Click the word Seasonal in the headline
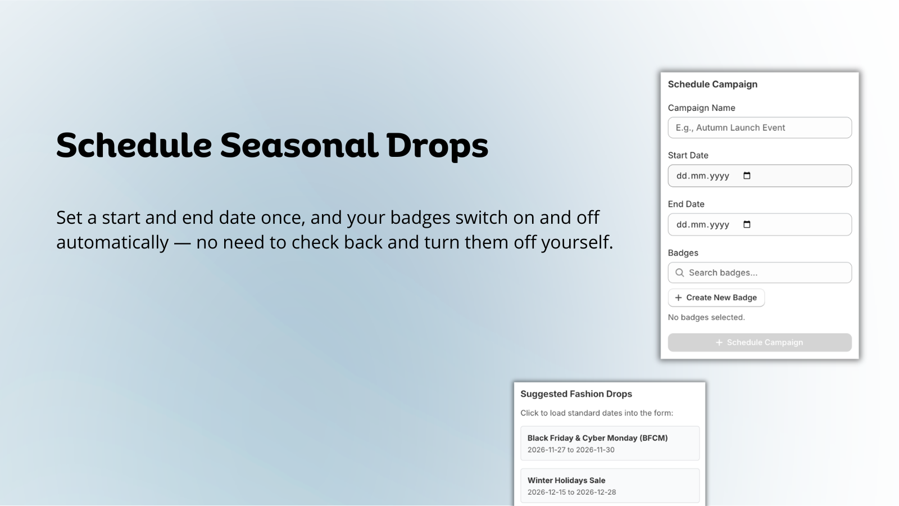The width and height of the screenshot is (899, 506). pos(299,145)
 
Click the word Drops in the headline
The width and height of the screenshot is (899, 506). pos(437,147)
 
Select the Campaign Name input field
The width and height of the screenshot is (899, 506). pos(759,128)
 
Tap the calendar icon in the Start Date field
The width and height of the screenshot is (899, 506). pos(747,175)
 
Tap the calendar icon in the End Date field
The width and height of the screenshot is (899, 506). pos(747,224)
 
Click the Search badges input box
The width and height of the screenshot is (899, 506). pos(759,273)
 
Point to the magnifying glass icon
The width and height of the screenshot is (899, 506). pos(679,273)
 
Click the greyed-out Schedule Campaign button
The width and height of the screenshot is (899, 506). pos(759,342)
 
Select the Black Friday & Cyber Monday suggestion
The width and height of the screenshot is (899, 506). pos(610,444)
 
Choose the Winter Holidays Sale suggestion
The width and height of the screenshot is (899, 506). pos(610,486)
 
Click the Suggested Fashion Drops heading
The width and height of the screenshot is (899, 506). pos(576,394)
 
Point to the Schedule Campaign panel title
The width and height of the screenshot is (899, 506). pos(712,84)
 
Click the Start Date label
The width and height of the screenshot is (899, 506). pos(688,155)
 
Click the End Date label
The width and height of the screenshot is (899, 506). pos(686,204)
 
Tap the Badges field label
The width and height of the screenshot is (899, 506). pos(683,253)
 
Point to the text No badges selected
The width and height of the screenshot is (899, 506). pos(706,317)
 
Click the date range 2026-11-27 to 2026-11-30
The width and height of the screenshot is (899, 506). pos(571,450)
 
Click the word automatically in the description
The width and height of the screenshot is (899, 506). pos(112,242)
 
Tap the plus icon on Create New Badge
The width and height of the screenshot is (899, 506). pos(678,297)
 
